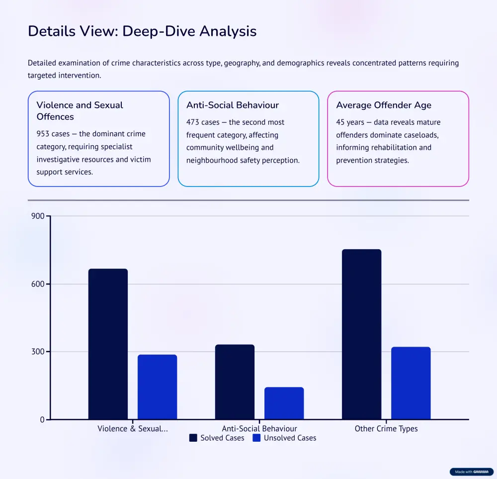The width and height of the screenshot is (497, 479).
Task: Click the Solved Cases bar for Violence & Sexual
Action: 108,344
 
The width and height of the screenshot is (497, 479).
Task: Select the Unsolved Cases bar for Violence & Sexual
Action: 157,386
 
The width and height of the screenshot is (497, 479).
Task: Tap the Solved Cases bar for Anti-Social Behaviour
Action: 235,382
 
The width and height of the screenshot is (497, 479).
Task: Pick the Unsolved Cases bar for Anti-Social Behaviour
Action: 284,403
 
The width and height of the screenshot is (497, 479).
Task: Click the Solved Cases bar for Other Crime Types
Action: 361,334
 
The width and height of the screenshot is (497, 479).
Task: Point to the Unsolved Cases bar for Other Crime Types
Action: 411,383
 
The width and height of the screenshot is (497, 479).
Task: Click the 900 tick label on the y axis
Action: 38,216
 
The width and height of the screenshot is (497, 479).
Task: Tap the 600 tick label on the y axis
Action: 38,284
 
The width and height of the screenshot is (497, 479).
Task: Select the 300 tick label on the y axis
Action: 38,352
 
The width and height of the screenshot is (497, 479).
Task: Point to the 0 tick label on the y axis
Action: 42,420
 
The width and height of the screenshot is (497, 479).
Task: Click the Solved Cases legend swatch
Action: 193,438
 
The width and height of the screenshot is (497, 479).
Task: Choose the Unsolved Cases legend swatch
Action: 257,438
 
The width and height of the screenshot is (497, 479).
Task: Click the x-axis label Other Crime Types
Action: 386,429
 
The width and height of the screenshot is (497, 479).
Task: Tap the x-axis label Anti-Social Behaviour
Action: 259,429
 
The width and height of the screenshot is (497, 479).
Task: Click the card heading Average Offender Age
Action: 384,105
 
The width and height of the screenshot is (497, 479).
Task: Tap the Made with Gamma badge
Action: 472,472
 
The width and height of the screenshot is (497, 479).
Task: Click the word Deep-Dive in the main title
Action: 153,31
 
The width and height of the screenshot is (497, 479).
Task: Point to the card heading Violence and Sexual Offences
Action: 80,111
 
